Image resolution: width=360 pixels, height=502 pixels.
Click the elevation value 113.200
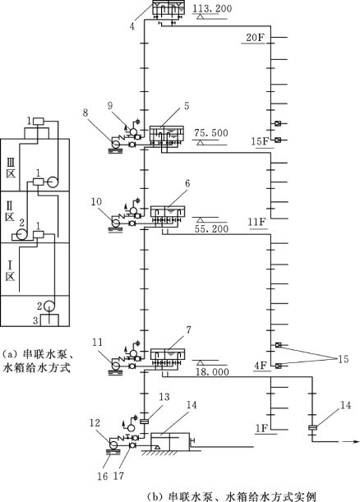pyautogui.click(x=212, y=8)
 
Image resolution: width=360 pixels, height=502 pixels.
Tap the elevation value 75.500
pyautogui.click(x=211, y=133)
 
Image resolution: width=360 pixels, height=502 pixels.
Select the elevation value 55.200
pyautogui.click(x=211, y=229)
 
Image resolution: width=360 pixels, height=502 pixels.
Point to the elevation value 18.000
pyautogui.click(x=212, y=371)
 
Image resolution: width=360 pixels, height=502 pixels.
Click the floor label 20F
pyautogui.click(x=256, y=38)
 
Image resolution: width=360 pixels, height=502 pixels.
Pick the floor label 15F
pyautogui.click(x=259, y=141)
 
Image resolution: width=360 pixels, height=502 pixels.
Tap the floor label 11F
pyautogui.click(x=257, y=222)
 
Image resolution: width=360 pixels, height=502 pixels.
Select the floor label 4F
pyautogui.click(x=261, y=366)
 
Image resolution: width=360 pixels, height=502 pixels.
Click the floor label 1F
pyautogui.click(x=261, y=428)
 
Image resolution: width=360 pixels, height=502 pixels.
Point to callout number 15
pyautogui.click(x=343, y=359)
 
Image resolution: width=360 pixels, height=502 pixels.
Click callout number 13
pyautogui.click(x=164, y=397)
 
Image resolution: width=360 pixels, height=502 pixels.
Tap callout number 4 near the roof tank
pyautogui.click(x=132, y=26)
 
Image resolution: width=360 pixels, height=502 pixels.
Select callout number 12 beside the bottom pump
pyautogui.click(x=95, y=422)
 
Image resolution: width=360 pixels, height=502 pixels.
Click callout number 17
pyautogui.click(x=118, y=476)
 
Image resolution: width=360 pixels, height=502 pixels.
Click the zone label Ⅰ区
pyautogui.click(x=10, y=271)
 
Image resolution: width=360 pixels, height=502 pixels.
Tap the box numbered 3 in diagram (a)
pyautogui.click(x=49, y=320)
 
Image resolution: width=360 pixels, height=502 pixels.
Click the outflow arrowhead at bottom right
pyautogui.click(x=354, y=441)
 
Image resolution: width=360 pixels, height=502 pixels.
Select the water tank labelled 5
pyautogui.click(x=167, y=134)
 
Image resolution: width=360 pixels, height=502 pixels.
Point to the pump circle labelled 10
pyautogui.click(x=116, y=222)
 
